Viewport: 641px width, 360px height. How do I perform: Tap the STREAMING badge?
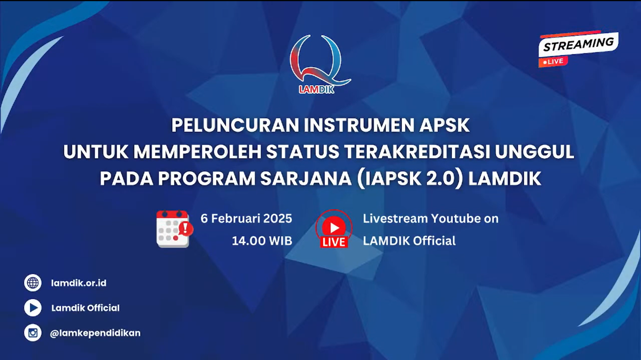[x=578, y=44]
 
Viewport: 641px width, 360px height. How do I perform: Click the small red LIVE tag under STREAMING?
[x=553, y=62]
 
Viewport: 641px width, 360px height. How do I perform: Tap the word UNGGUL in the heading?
[x=535, y=152]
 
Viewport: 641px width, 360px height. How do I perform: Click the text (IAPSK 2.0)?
[x=410, y=179]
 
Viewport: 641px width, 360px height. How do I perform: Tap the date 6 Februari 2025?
[x=246, y=219]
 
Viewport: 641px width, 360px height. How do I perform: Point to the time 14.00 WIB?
[x=262, y=241]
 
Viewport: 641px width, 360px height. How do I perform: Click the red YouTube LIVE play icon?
[x=334, y=229]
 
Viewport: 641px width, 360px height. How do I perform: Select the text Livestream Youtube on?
[x=430, y=219]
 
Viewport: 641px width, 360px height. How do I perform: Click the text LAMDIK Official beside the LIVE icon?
[x=409, y=241]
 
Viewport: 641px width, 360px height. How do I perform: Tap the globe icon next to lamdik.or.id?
[x=33, y=283]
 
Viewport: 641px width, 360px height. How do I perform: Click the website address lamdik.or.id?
[x=78, y=283]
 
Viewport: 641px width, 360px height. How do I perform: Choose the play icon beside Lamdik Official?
[x=33, y=308]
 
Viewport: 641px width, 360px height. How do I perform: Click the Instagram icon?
[x=33, y=333]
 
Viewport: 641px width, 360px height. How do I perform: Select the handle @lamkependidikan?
[x=95, y=333]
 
